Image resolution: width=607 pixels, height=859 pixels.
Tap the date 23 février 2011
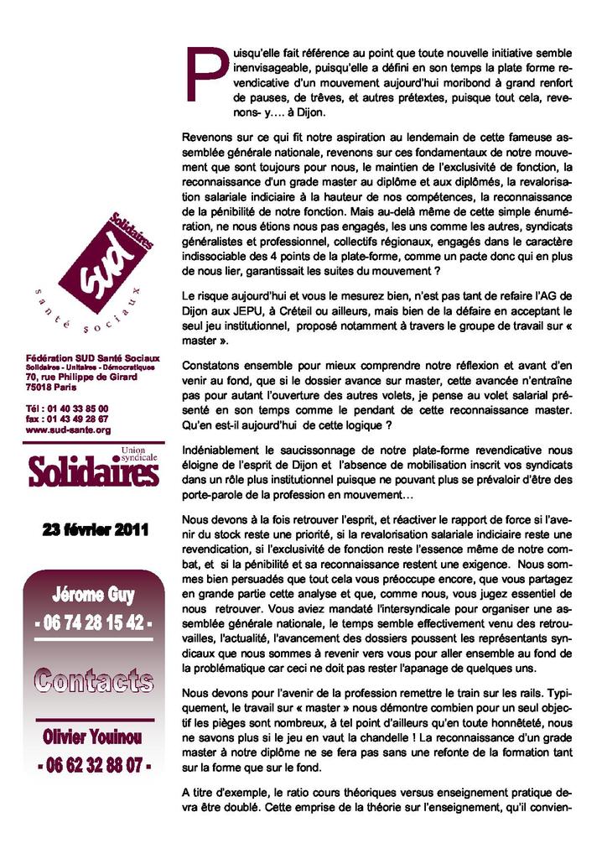click(x=96, y=529)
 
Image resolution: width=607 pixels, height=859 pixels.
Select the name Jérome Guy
click(x=94, y=596)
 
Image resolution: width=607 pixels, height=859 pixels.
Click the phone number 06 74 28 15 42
click(x=94, y=624)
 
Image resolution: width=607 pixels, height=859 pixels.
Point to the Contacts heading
click(x=94, y=679)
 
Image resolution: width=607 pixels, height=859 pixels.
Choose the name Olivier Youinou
click(x=94, y=737)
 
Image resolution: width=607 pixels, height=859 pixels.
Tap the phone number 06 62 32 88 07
click(x=94, y=765)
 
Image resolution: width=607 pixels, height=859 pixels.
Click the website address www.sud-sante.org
click(x=68, y=429)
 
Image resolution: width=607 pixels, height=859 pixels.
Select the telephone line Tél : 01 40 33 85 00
click(x=67, y=409)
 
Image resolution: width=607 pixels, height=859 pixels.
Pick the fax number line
click(x=67, y=419)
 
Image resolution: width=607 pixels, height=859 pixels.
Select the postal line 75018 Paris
click(x=50, y=388)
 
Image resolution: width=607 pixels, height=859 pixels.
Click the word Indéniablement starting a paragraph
click(x=221, y=450)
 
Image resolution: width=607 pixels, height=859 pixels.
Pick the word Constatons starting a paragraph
click(x=211, y=366)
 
